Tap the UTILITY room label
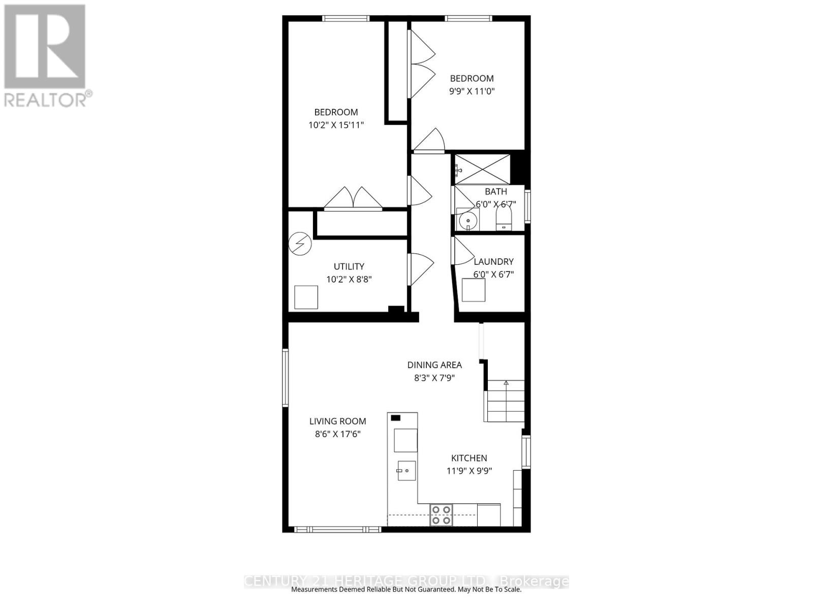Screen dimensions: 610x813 coord(349,266)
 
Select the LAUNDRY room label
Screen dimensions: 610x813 coord(493,261)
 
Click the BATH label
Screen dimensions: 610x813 coord(495,192)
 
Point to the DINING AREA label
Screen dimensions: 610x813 coord(434,365)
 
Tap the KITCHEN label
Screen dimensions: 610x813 coord(469,458)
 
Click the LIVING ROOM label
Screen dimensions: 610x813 coord(338,421)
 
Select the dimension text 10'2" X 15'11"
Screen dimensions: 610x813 coord(336,125)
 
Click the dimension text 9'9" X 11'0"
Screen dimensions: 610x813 coord(472,91)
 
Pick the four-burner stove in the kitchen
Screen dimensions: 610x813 coord(441,514)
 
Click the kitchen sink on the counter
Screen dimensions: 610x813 coord(407,470)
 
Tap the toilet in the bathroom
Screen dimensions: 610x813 coord(504,219)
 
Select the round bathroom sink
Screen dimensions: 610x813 coord(467,221)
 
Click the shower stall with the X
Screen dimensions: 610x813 coord(482,169)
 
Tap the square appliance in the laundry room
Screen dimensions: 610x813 coord(474,290)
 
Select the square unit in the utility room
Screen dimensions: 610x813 coord(306,297)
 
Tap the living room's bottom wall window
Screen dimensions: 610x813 coord(337,530)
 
